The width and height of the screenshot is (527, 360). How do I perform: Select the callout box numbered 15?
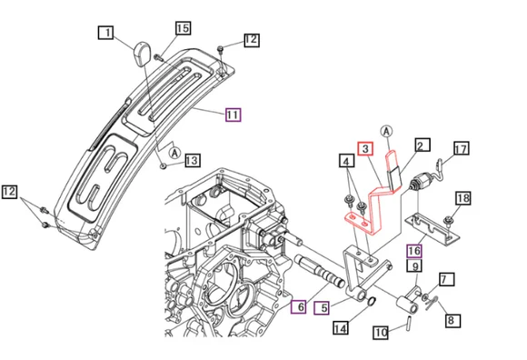tap(183, 29)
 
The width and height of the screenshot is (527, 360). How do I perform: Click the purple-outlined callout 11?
tap(233, 115)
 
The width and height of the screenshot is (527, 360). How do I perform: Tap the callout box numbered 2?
tap(422, 145)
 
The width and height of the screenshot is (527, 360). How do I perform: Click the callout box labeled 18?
tap(462, 198)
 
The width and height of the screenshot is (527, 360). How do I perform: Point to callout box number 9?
tap(413, 266)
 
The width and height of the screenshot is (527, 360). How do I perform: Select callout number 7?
tap(446, 279)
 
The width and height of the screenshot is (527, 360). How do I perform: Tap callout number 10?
tap(382, 333)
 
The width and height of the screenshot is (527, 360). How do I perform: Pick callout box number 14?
tap(341, 327)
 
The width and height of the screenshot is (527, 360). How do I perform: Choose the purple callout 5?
tap(321, 307)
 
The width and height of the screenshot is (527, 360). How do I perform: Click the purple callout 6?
tap(296, 308)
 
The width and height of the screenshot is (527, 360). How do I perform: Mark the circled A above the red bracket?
tap(387, 132)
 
